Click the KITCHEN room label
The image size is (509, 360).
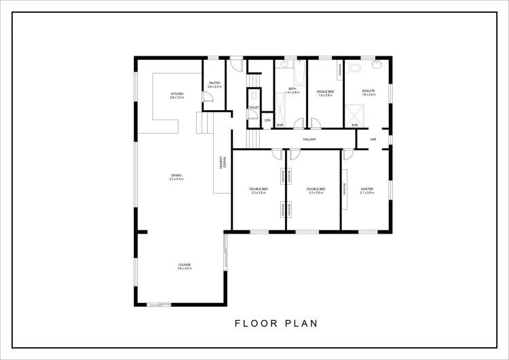pyautogui.click(x=177, y=94)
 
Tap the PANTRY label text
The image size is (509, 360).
pyautogui.click(x=214, y=83)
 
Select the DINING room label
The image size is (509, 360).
pyautogui.click(x=176, y=175)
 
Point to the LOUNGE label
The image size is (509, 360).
pyautogui.click(x=185, y=265)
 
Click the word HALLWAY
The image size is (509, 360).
pyautogui.click(x=309, y=139)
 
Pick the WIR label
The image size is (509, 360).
pyautogui.click(x=373, y=139)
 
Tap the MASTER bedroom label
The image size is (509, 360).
pyautogui.click(x=367, y=189)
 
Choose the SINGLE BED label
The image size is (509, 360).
pyautogui.click(x=325, y=91)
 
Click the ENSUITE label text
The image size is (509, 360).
pyautogui.click(x=369, y=90)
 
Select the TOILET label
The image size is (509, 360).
pyautogui.click(x=253, y=107)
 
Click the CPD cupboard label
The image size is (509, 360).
pyautogui.click(x=267, y=120)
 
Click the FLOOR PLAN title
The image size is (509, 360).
pyautogui.click(x=276, y=323)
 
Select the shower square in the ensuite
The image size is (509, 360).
pyautogui.click(x=353, y=113)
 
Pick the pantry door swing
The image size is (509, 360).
pyautogui.click(x=208, y=97)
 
